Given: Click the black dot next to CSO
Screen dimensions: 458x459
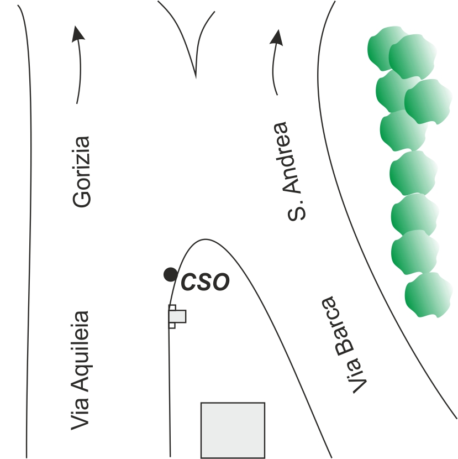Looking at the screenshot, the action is point(171,275).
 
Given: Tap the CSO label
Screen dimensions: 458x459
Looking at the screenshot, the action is point(206,282).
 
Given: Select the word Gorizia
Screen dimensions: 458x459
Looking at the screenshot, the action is point(81,172).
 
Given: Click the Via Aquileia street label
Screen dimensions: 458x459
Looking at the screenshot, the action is point(80,371).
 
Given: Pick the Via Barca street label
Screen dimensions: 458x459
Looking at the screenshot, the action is point(344,345).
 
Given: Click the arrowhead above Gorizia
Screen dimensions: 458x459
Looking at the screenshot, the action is point(77,33).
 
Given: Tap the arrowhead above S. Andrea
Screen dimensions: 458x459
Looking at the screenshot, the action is point(277,38).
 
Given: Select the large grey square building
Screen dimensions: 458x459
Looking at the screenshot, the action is point(233,430).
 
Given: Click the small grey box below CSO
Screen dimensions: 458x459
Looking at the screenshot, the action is point(177,316).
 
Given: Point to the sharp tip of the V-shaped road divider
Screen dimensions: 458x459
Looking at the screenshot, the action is point(196,78).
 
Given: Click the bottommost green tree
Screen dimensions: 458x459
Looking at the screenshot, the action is point(428,295).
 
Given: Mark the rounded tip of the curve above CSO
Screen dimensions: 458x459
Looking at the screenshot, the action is point(205,239).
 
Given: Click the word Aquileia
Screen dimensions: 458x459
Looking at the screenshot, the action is point(80,351).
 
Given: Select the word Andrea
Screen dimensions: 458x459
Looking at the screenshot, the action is point(288,158).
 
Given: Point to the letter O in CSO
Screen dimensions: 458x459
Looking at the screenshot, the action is point(219,282).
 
